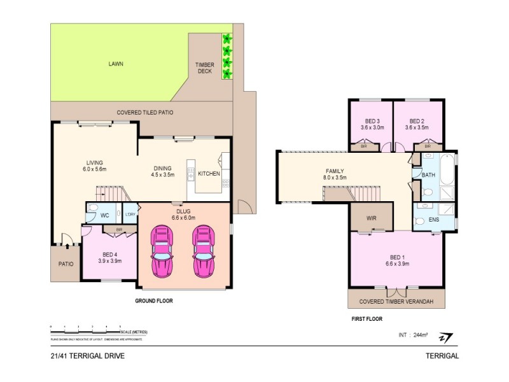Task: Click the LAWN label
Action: tap(115, 64)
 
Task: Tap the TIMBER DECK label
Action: tap(204, 68)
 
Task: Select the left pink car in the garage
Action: tap(160, 252)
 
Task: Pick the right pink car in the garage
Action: tap(204, 252)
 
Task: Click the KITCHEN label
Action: tap(209, 173)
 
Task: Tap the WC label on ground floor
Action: tap(105, 216)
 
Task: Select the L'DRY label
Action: tap(129, 215)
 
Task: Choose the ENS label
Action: tap(435, 220)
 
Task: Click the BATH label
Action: tap(428, 175)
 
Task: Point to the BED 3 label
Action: tap(372, 124)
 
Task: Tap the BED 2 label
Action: tap(417, 124)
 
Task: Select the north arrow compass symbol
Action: tap(449, 337)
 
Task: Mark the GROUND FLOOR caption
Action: tap(154, 300)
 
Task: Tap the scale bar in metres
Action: tap(85, 329)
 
